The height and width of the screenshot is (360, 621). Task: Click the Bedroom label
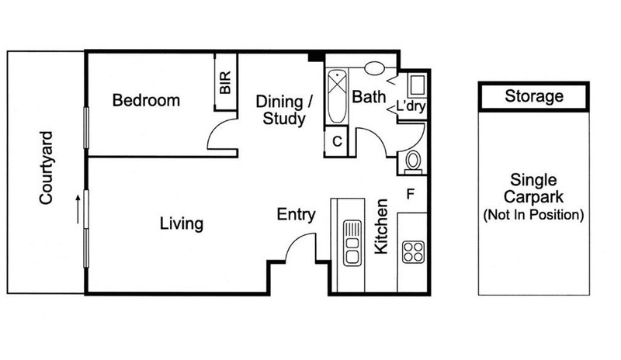click(x=146, y=100)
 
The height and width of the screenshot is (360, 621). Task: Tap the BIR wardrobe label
click(x=225, y=83)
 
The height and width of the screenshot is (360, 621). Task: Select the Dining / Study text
click(x=284, y=110)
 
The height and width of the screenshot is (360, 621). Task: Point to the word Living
click(x=182, y=223)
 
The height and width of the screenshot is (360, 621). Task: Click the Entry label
click(x=296, y=214)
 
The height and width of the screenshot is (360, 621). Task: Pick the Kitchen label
click(x=381, y=226)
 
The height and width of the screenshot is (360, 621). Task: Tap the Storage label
click(x=534, y=96)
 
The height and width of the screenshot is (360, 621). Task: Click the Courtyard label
click(x=47, y=168)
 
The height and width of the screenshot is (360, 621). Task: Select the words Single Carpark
click(x=533, y=188)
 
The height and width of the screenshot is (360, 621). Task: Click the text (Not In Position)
click(x=533, y=215)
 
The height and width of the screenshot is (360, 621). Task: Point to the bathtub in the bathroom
click(x=337, y=96)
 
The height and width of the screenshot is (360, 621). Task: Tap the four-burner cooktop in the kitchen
click(x=413, y=252)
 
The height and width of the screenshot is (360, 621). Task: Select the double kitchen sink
click(x=352, y=243)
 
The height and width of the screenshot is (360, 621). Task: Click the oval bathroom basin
click(x=374, y=68)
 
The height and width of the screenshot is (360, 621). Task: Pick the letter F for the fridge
click(x=411, y=195)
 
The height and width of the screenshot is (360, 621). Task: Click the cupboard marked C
click(x=336, y=141)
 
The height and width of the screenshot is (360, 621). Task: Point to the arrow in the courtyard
click(x=78, y=209)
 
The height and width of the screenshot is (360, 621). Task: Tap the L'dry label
click(x=411, y=106)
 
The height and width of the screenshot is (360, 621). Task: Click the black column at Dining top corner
click(x=316, y=57)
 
